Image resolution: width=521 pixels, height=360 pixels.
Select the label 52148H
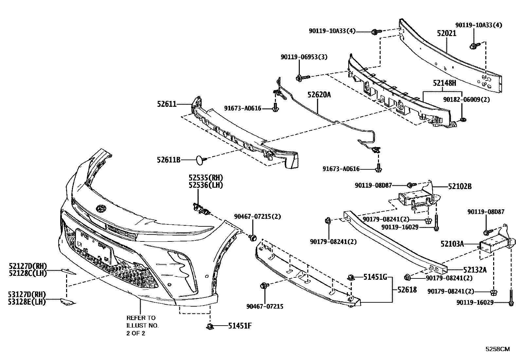click(x=444, y=84)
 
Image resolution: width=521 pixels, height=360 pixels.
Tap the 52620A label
click(x=319, y=95)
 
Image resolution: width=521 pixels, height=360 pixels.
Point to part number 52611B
click(x=169, y=160)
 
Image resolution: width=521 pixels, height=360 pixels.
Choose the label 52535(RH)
click(x=206, y=178)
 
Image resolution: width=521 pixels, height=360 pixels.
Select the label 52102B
click(x=460, y=186)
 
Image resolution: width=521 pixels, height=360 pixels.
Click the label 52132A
click(x=475, y=270)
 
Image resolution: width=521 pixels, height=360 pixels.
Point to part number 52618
click(x=407, y=290)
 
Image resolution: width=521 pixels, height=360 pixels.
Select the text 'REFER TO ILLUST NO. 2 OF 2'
click(x=142, y=326)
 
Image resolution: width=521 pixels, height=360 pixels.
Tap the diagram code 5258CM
click(x=497, y=349)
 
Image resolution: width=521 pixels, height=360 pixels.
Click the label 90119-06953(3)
click(x=304, y=57)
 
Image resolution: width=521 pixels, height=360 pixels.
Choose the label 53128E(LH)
click(x=27, y=302)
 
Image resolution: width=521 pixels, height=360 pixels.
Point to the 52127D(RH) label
click(x=28, y=266)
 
